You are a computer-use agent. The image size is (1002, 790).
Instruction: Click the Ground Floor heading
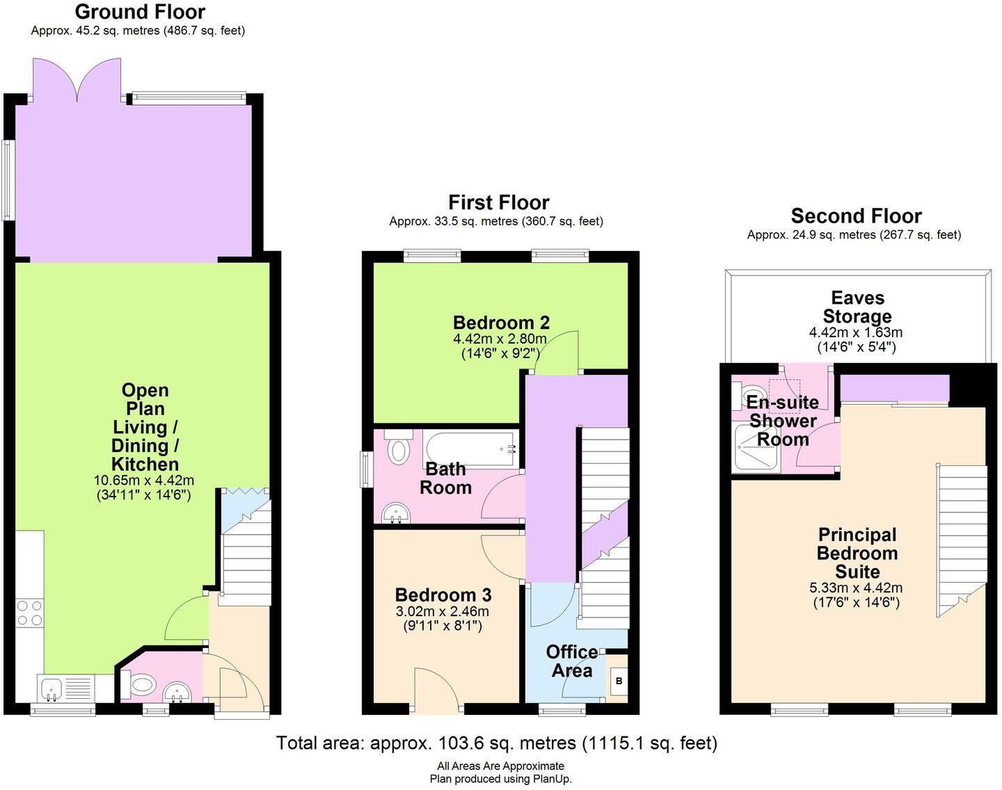click(140, 12)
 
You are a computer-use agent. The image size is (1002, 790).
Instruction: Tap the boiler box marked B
click(619, 681)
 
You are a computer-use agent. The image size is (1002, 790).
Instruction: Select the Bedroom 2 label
click(501, 323)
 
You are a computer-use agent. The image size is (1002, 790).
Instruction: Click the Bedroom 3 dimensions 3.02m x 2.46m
click(443, 612)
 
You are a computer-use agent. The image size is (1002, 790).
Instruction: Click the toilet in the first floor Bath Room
click(399, 449)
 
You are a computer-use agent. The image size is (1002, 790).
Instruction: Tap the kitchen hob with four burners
click(29, 613)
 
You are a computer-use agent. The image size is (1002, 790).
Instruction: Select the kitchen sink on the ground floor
click(52, 688)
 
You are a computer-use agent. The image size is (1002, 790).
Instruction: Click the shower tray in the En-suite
click(756, 448)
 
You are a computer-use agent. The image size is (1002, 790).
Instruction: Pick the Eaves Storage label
click(857, 307)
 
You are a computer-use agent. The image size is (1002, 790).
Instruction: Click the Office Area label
click(571, 661)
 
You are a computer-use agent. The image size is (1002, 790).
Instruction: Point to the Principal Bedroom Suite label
click(857, 554)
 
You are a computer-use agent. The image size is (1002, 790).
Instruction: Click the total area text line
click(496, 743)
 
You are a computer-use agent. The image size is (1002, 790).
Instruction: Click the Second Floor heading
click(856, 216)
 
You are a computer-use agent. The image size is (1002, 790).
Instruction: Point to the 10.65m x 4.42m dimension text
click(144, 480)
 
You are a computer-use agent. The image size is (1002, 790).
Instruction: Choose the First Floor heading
click(498, 202)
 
